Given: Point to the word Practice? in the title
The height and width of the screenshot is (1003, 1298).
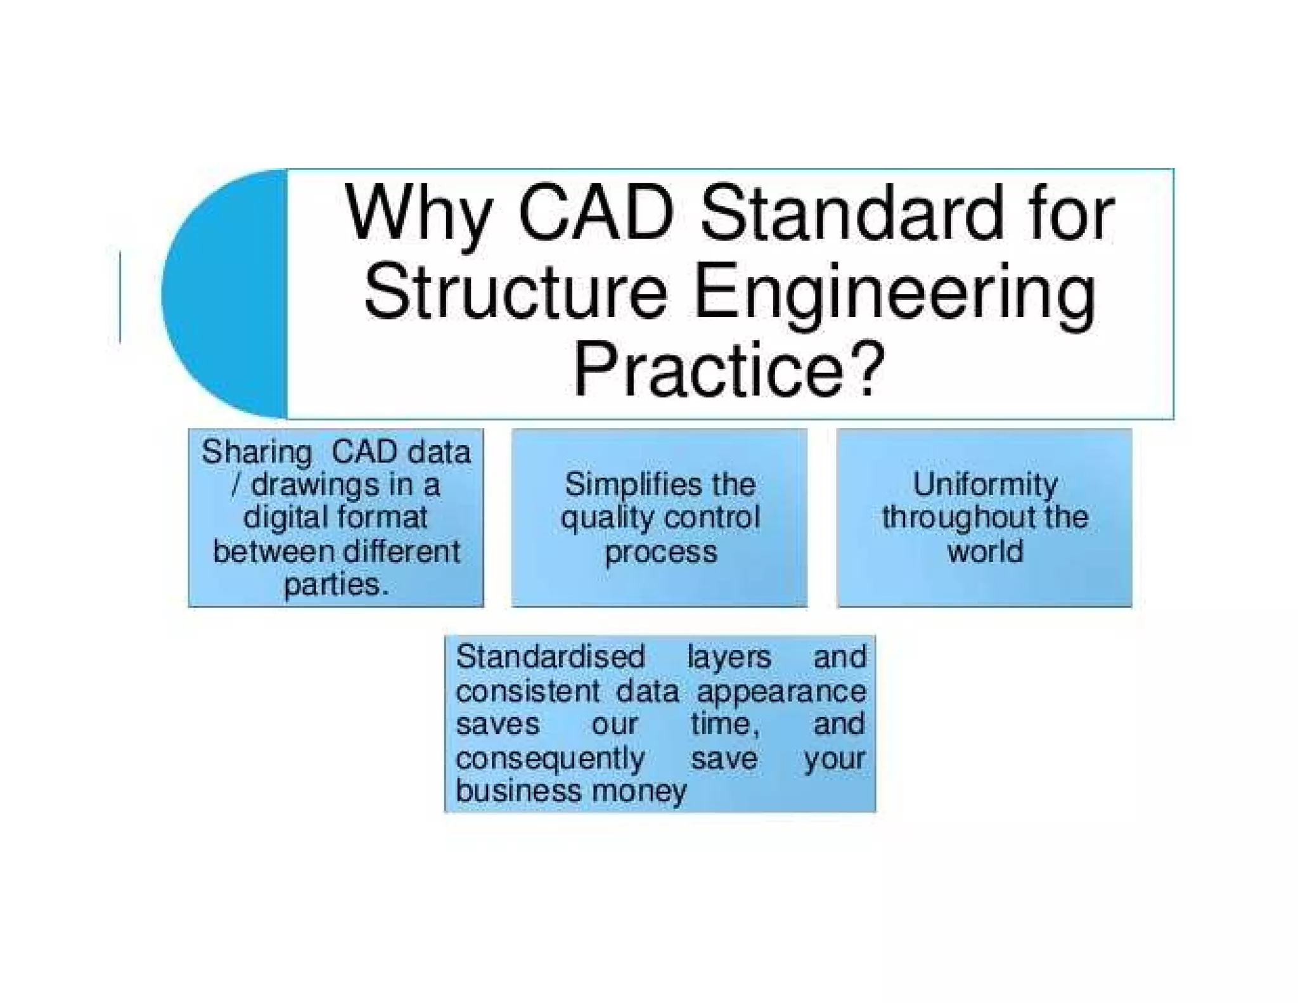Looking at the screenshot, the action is [728, 370].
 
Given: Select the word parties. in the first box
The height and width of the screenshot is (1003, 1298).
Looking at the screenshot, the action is [336, 584].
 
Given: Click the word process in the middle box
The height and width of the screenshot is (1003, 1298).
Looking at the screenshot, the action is [660, 552].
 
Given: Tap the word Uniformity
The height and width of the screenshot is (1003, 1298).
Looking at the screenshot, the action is [985, 485].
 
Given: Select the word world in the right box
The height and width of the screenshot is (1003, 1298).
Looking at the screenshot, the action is [985, 551].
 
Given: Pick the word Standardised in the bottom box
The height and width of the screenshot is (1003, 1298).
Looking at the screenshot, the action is [550, 657].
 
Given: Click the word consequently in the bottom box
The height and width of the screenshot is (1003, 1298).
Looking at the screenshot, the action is [550, 758].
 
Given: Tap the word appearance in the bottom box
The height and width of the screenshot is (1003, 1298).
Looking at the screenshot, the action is [781, 691].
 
